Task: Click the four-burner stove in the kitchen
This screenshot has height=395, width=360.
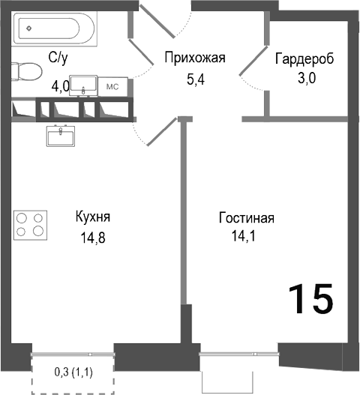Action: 29,224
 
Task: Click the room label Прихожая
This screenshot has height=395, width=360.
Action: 195,56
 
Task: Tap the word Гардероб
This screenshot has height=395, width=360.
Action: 304,58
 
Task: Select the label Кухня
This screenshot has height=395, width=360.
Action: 93,217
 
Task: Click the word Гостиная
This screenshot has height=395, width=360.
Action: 247,218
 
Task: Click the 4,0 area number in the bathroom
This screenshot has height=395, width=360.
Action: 61,85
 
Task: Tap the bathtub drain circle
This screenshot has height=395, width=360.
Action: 28,29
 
